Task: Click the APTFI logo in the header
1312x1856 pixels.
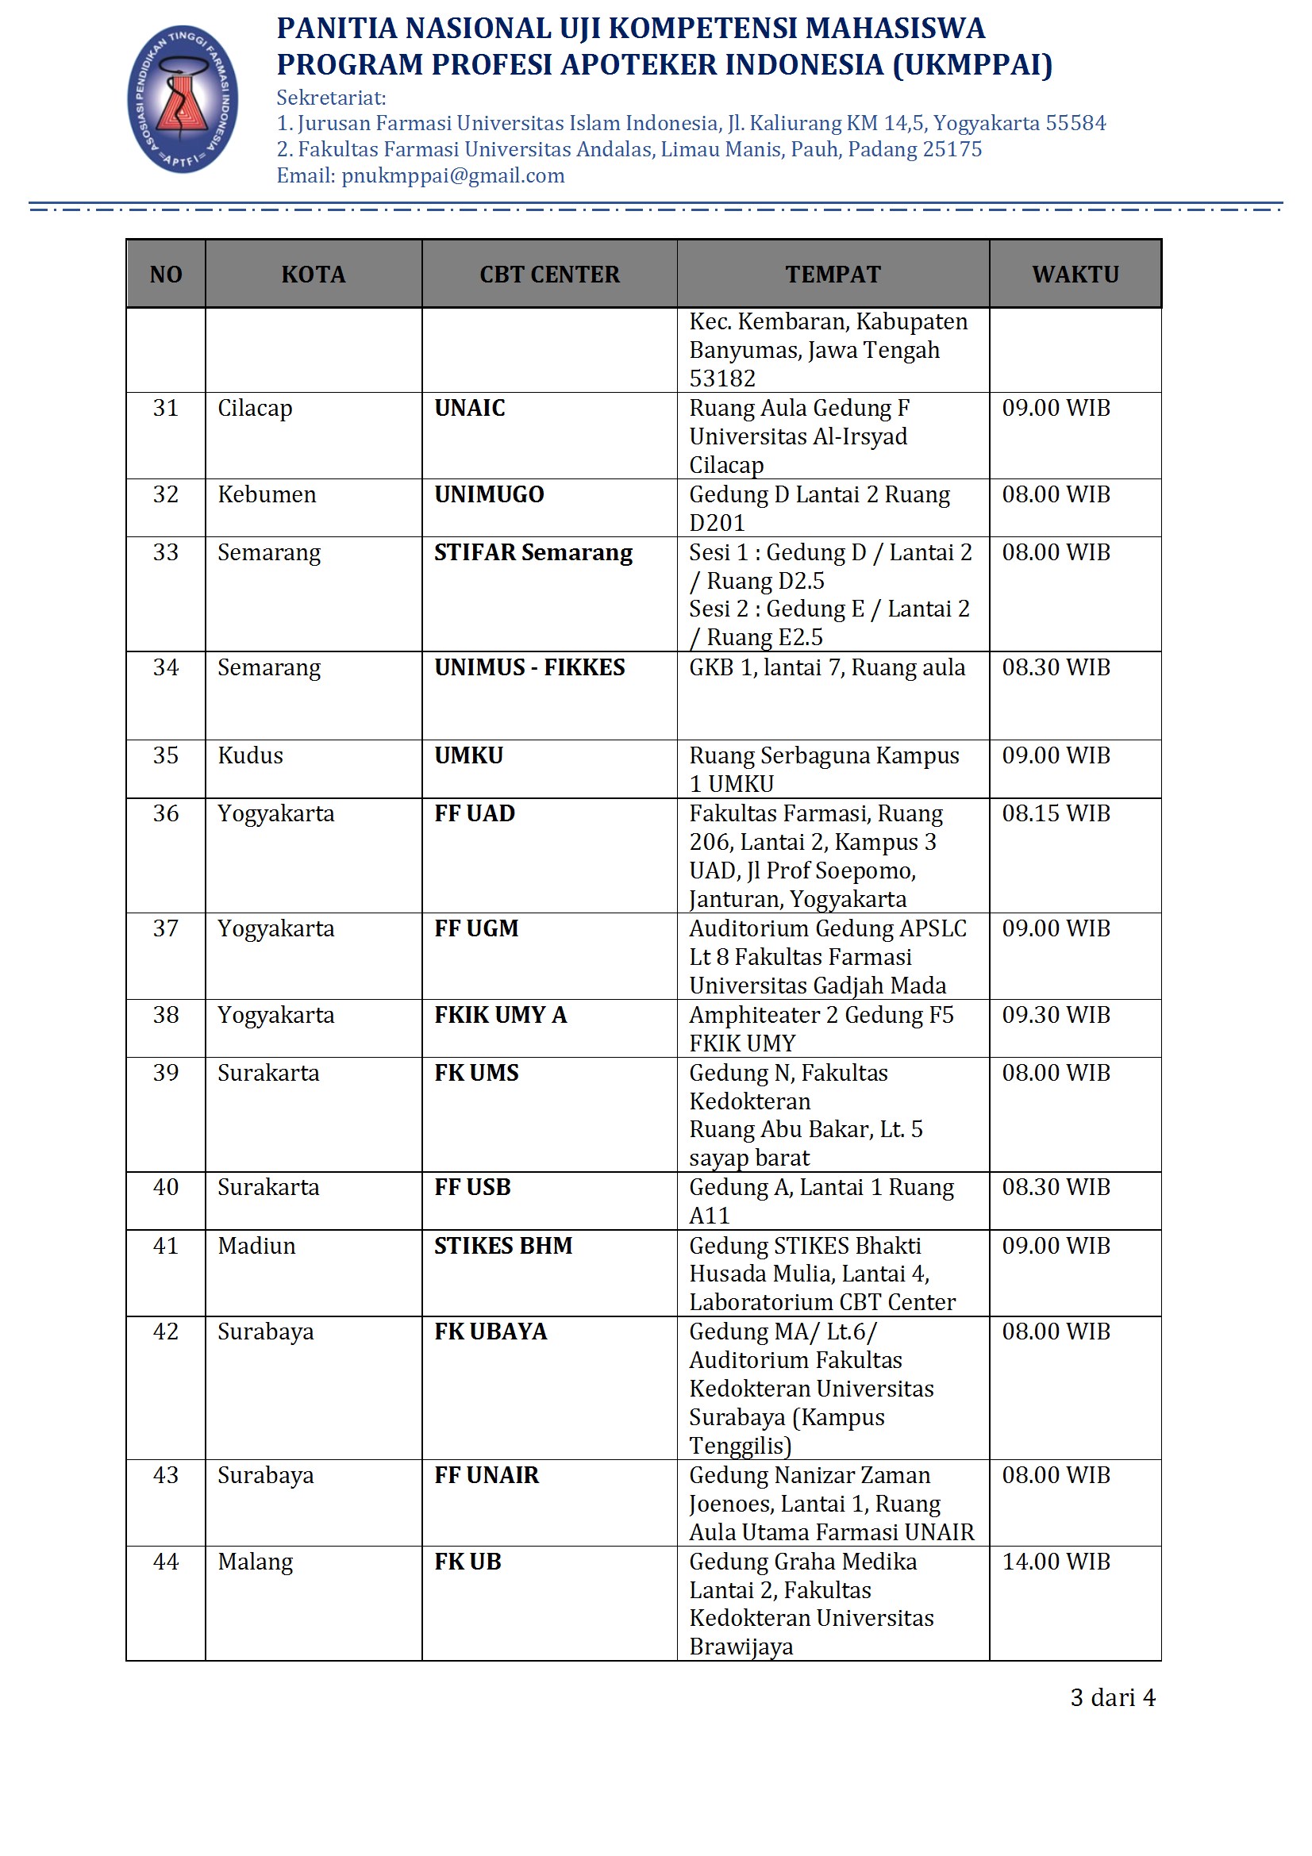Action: pos(183,98)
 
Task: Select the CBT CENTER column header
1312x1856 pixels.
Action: pos(549,274)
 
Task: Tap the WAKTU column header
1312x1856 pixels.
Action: pos(1075,274)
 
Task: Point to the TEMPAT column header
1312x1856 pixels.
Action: pos(833,274)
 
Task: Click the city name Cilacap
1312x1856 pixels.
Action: pos(255,407)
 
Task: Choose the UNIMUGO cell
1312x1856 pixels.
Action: pos(489,494)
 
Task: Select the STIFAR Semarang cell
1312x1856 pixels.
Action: pos(533,552)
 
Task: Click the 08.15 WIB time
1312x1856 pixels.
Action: pos(1056,813)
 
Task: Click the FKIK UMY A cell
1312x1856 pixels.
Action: pos(500,1015)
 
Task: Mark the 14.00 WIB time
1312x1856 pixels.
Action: pos(1056,1561)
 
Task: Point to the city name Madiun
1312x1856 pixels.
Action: pos(256,1245)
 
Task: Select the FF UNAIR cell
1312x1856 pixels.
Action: pos(486,1474)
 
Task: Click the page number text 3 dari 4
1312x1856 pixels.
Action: pos(1112,1697)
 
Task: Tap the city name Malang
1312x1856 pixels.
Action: pos(255,1561)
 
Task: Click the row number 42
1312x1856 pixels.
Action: pos(166,1331)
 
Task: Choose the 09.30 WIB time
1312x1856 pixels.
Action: pos(1056,1015)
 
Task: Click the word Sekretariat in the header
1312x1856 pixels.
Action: pos(331,98)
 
